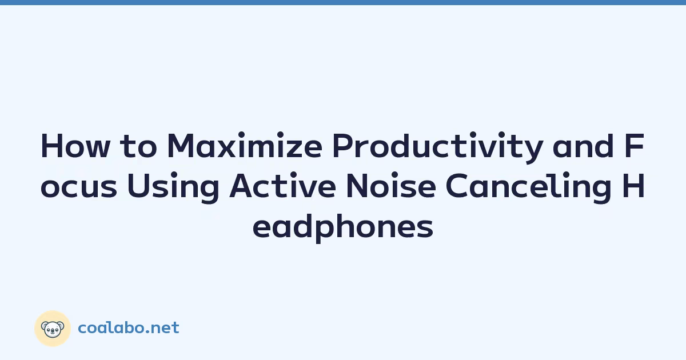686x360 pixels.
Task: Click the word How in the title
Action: tap(75, 146)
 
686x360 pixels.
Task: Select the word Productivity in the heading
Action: tap(438, 147)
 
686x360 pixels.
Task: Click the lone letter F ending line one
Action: tap(635, 146)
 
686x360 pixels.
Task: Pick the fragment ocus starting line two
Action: tap(79, 187)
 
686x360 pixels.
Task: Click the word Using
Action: tap(173, 187)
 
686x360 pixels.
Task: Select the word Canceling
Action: tap(529, 187)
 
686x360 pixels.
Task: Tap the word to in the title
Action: tap(138, 147)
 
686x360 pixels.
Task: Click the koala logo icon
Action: tap(53, 329)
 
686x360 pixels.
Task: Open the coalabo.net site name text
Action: tap(129, 328)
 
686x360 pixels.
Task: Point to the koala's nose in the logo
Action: tap(53, 331)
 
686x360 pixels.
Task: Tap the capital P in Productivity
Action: tap(343, 146)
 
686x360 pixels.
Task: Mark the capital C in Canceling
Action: tap(456, 186)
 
